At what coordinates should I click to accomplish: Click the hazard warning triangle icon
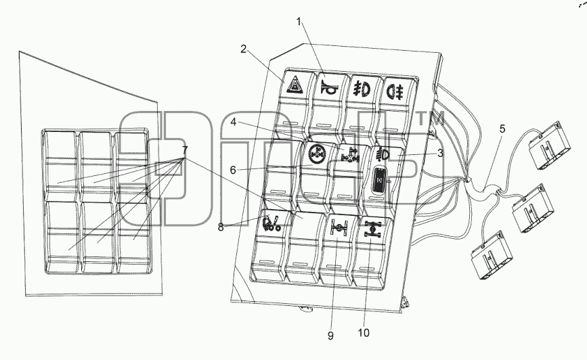(295, 87)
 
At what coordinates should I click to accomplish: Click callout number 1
(299, 22)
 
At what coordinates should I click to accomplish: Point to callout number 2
(243, 49)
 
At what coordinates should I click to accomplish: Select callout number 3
(440, 153)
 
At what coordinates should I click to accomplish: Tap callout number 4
(233, 122)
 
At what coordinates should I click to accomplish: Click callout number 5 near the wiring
(502, 129)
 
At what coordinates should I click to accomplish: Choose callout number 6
(233, 171)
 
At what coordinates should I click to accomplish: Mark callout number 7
(185, 150)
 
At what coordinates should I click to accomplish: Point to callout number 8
(221, 227)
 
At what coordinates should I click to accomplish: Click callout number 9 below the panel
(330, 336)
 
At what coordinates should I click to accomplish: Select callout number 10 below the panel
(364, 333)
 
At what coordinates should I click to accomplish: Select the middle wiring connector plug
(533, 208)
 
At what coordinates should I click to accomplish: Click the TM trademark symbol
(430, 118)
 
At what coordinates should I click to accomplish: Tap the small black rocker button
(381, 181)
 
